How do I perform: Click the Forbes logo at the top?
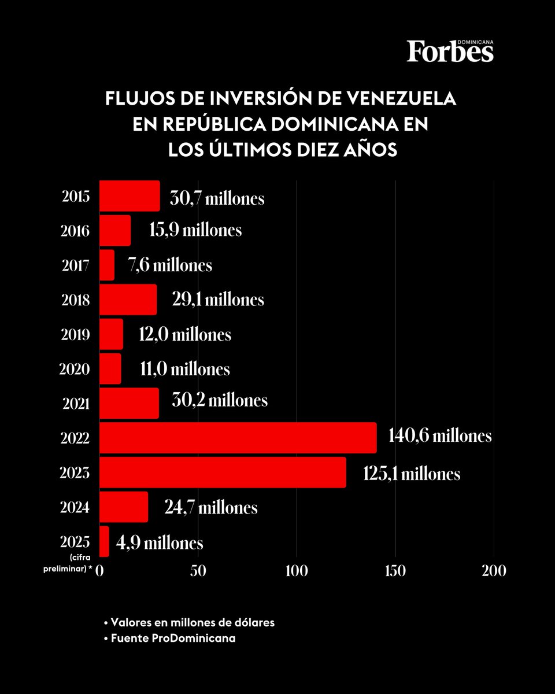click(450, 51)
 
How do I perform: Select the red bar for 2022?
click(238, 438)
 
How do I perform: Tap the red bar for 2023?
click(223, 472)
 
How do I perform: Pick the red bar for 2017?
click(107, 265)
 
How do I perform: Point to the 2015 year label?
click(76, 197)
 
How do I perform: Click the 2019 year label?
click(76, 335)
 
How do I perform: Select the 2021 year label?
click(76, 404)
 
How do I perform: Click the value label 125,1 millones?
click(412, 474)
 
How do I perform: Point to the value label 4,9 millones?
click(160, 543)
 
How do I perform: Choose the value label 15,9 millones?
click(195, 230)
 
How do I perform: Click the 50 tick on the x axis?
click(198, 570)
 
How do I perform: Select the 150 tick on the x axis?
click(395, 570)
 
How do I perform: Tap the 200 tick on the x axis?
click(494, 570)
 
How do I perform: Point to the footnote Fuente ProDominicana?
click(169, 639)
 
